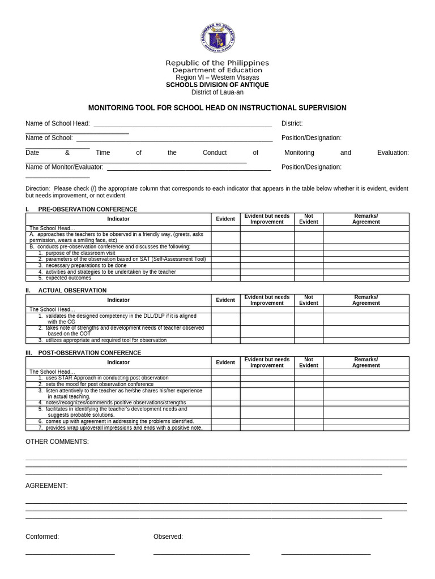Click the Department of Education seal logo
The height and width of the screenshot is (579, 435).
(x=217, y=38)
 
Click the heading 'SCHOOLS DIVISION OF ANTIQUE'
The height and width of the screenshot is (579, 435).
(x=217, y=85)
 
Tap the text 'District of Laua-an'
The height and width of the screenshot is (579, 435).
(x=217, y=92)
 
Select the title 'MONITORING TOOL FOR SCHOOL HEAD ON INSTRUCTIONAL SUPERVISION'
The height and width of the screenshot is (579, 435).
(x=217, y=108)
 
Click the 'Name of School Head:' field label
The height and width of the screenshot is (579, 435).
(x=58, y=123)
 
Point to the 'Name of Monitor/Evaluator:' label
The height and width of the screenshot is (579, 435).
(x=65, y=167)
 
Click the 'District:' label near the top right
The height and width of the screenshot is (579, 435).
(x=292, y=123)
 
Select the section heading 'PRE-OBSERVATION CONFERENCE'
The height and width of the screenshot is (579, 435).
(x=87, y=209)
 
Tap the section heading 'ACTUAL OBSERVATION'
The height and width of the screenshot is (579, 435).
(x=72, y=290)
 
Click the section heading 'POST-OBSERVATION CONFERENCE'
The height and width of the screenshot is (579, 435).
(x=89, y=353)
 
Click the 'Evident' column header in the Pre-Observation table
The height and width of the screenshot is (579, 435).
(x=225, y=219)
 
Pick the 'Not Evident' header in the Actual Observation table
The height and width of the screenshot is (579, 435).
(x=308, y=300)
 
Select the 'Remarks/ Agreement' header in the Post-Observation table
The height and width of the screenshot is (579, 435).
(x=366, y=362)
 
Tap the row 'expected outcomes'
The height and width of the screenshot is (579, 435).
(x=68, y=278)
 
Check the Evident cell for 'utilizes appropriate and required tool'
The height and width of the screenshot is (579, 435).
(x=225, y=340)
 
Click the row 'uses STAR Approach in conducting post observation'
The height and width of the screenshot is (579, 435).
(x=106, y=378)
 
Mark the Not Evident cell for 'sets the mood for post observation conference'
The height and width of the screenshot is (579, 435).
(x=308, y=384)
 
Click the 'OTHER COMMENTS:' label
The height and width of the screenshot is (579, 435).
(x=57, y=442)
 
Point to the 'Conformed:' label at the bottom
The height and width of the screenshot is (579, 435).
(x=42, y=537)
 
